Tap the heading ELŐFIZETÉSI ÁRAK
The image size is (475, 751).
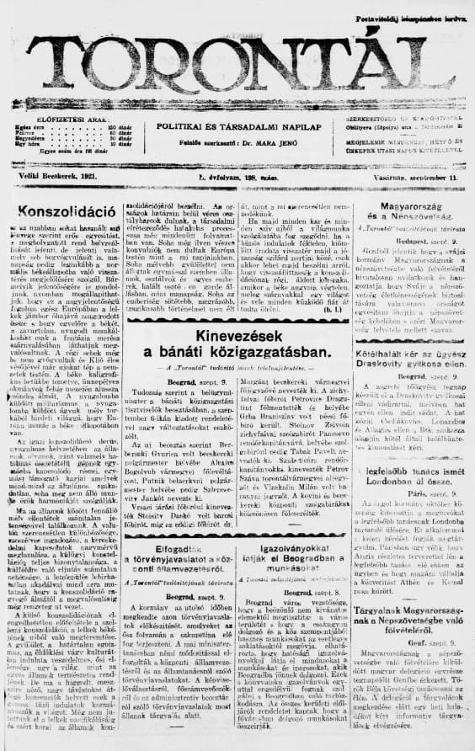tap(64, 120)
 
